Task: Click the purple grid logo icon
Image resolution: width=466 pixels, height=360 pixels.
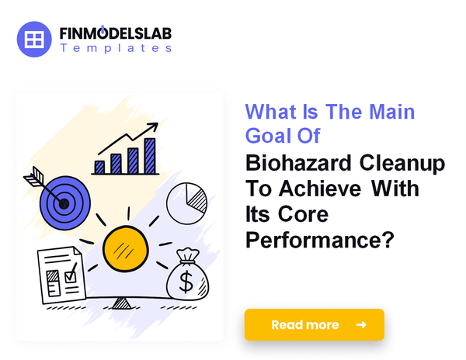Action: [33, 38]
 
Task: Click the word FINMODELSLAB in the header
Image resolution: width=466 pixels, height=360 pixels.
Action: [115, 34]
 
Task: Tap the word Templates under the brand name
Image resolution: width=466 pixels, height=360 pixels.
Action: [115, 48]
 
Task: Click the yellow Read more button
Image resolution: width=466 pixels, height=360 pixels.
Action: [314, 324]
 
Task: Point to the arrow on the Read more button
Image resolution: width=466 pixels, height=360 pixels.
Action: [360, 324]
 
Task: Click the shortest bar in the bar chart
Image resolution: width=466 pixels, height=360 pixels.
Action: [99, 166]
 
